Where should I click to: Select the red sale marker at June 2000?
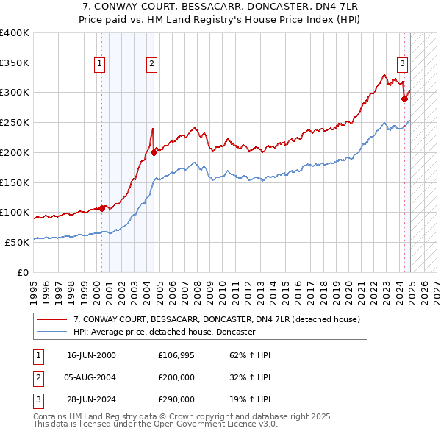[101, 208]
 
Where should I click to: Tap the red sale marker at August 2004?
[154, 152]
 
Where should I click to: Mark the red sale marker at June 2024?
[404, 99]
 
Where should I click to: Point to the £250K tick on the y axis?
[15, 122]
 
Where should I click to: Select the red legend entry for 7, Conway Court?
[216, 319]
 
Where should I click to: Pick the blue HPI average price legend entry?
[164, 332]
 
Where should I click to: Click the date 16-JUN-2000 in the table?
[91, 355]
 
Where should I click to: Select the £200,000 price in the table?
[176, 377]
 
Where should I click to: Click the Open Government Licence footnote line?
[155, 424]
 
